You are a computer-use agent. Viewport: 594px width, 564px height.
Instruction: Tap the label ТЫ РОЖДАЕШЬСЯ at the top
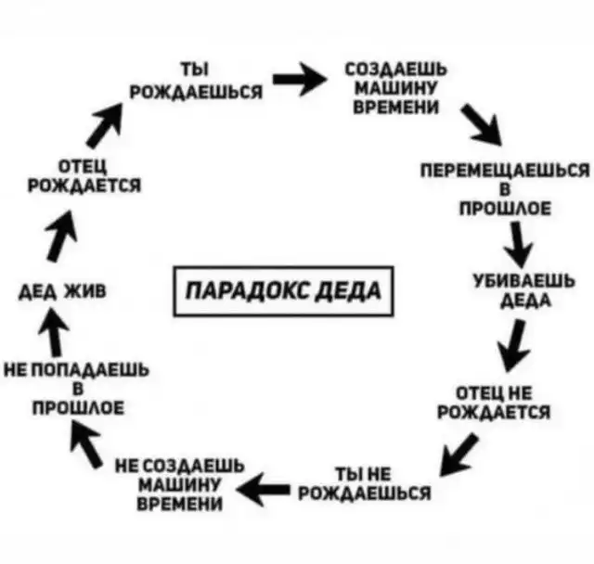tap(195, 82)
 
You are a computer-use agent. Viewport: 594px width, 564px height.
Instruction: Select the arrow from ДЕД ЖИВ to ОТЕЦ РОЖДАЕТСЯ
tap(61, 232)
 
